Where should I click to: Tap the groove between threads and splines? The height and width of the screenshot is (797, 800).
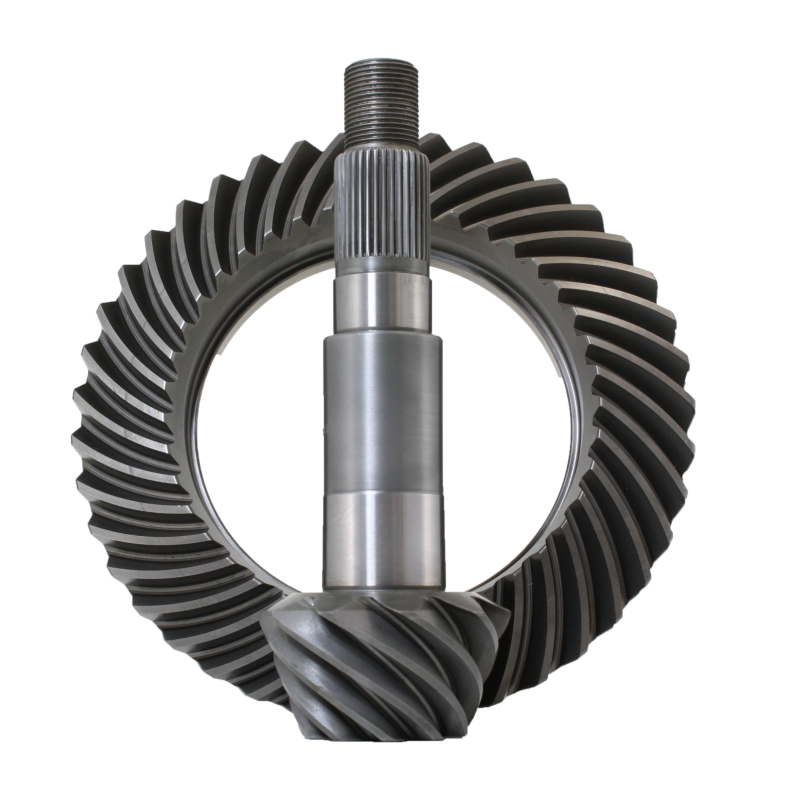(381, 142)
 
